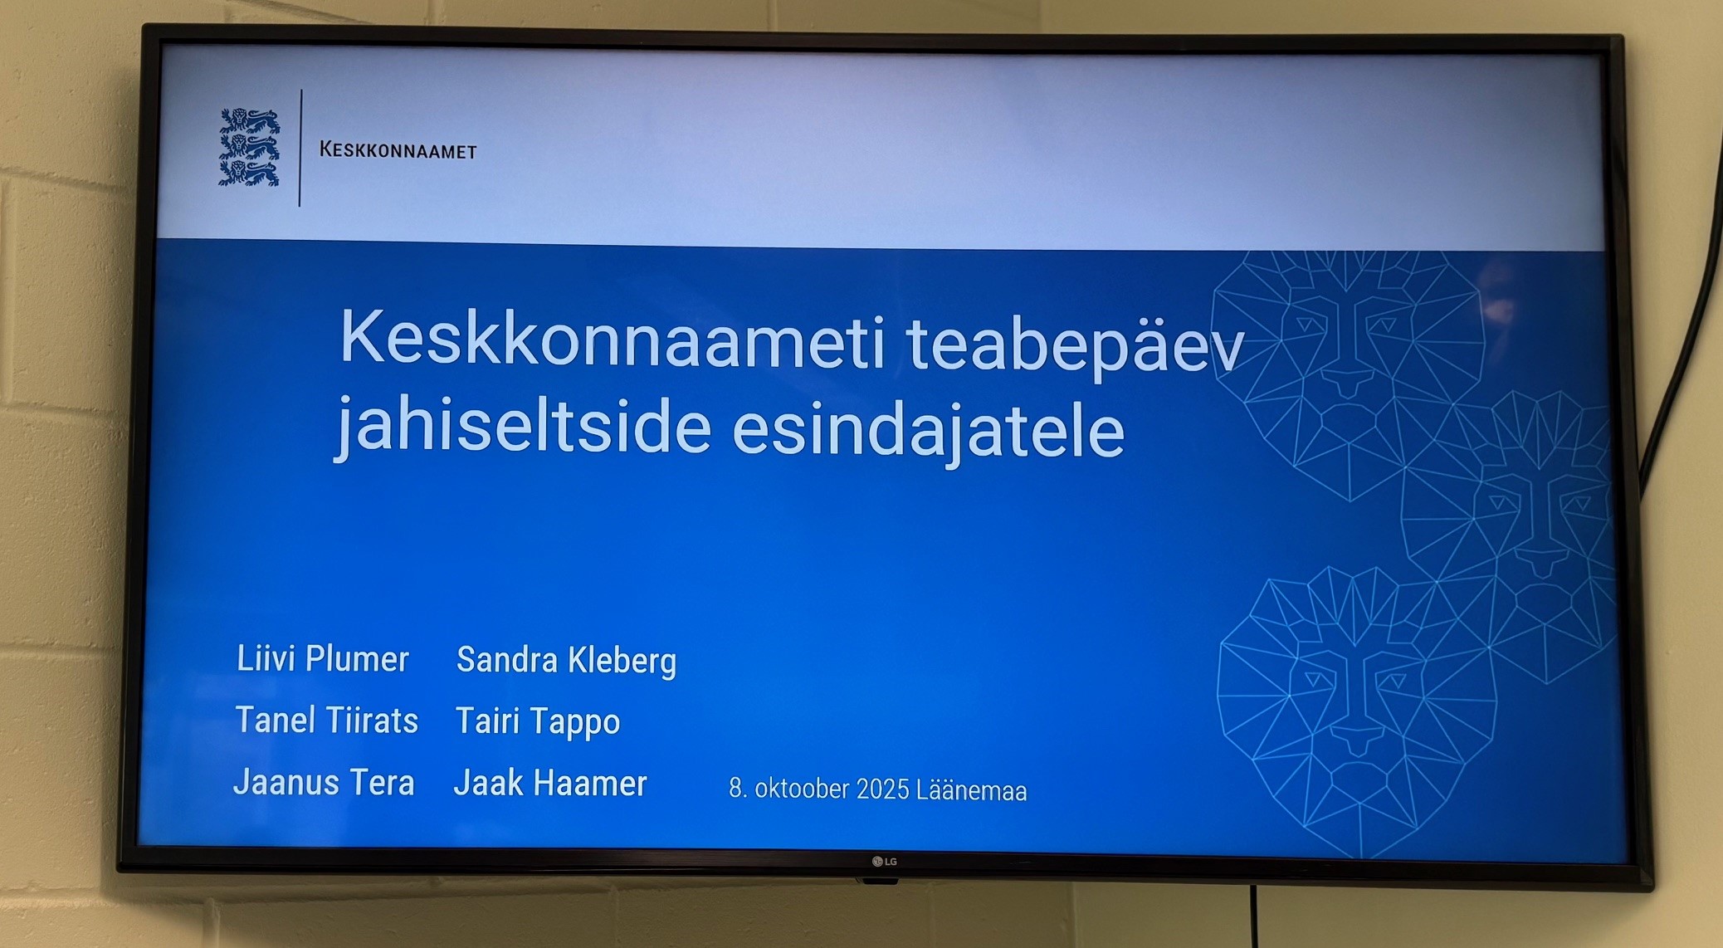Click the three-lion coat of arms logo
click(249, 147)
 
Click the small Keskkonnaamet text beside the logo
click(398, 150)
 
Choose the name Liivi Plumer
click(323, 659)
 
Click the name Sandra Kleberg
click(567, 661)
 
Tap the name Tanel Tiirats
click(327, 720)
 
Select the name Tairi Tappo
click(538, 721)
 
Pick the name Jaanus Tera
click(324, 782)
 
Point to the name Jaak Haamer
click(550, 783)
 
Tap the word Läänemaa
click(971, 790)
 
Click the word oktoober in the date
click(802, 789)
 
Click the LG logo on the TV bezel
click(885, 862)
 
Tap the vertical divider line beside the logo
click(300, 148)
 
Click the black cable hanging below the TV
click(1253, 916)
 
